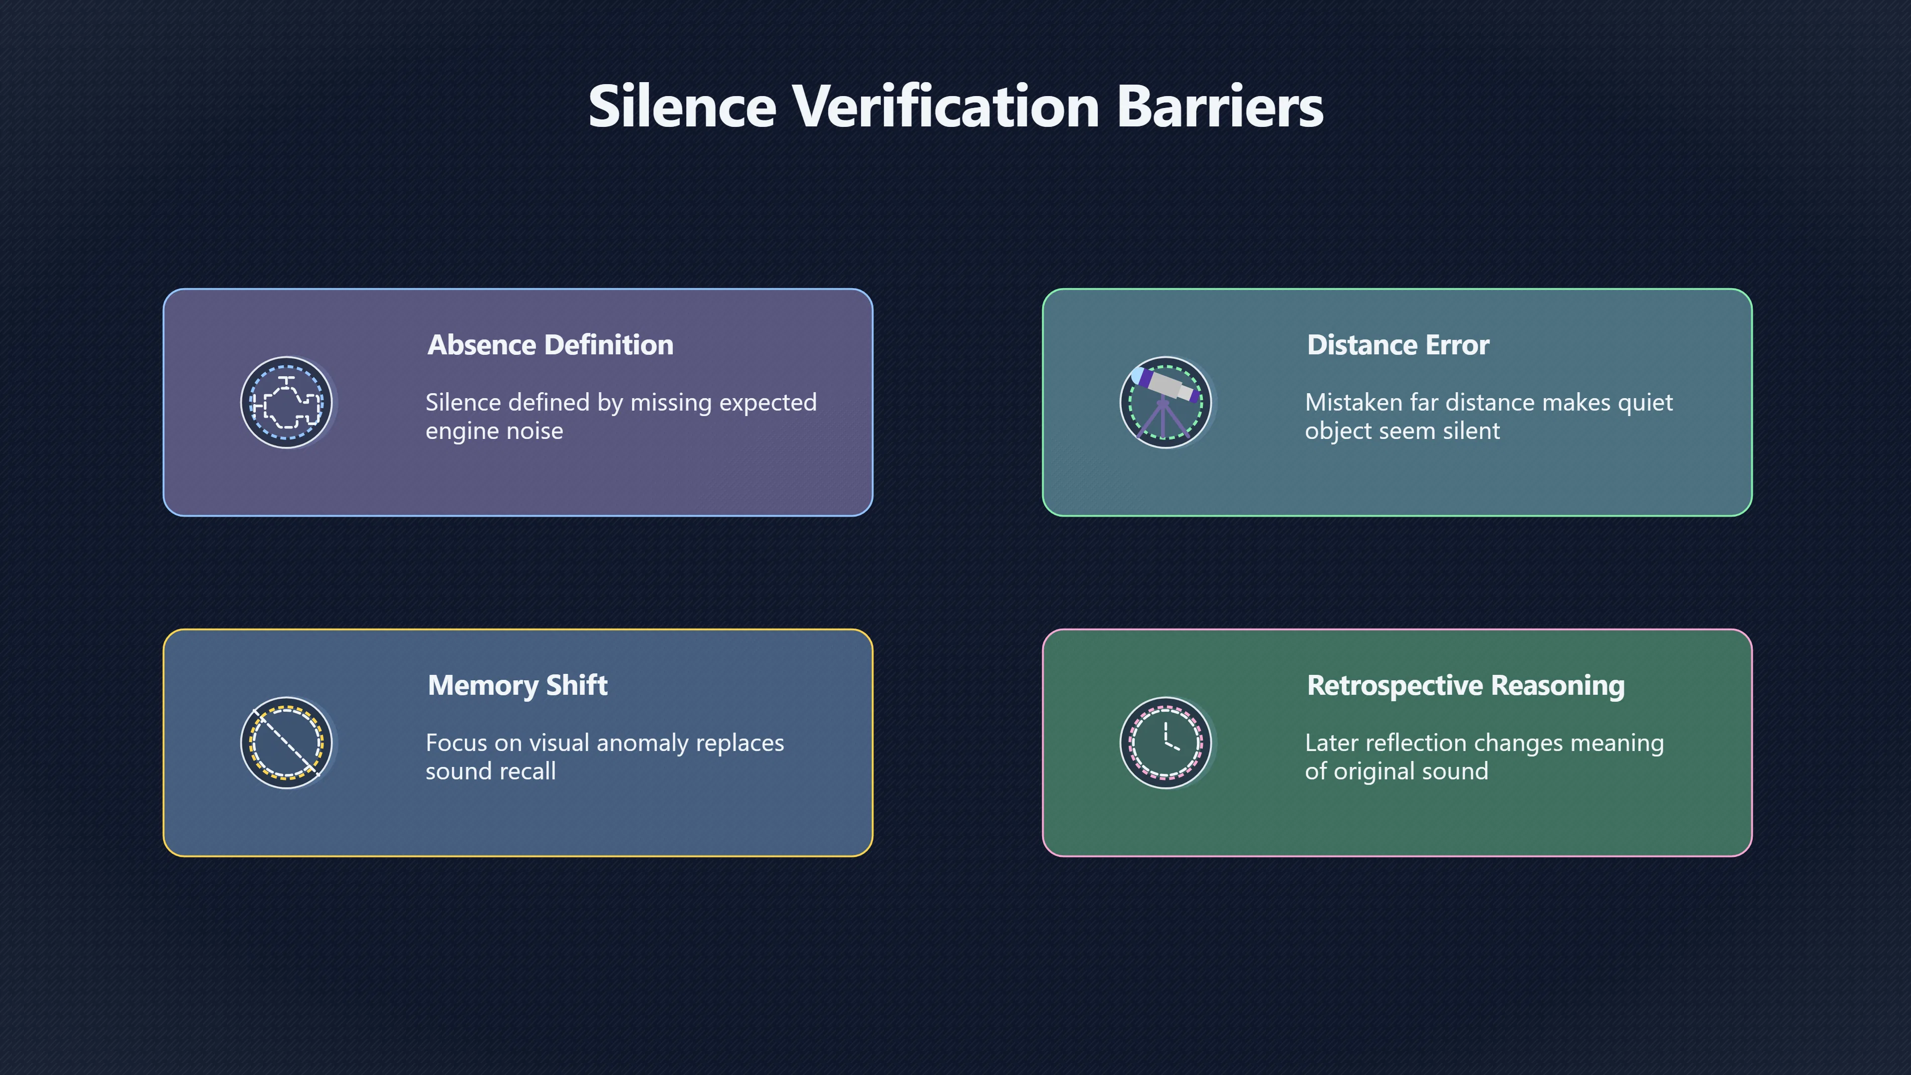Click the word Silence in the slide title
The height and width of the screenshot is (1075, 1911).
click(682, 106)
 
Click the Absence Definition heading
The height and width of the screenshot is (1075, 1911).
click(550, 345)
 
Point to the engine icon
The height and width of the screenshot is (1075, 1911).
click(286, 403)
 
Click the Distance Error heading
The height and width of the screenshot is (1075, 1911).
click(1397, 345)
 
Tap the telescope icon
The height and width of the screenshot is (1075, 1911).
click(1166, 403)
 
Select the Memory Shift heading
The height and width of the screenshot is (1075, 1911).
click(518, 685)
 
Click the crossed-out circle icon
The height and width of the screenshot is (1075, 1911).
click(286, 743)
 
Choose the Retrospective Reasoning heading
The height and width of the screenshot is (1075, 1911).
click(1466, 685)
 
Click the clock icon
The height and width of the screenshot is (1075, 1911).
click(1166, 743)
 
